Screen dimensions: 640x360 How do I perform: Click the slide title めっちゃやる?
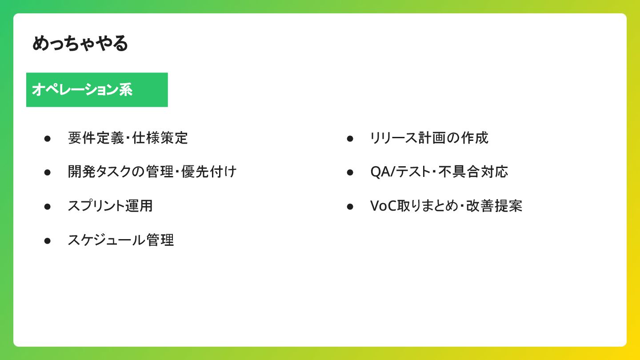pos(80,43)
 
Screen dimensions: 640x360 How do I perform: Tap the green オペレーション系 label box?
pos(97,90)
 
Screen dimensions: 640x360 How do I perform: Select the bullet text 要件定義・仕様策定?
pos(128,138)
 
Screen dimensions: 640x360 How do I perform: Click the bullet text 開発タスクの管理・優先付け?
pos(152,172)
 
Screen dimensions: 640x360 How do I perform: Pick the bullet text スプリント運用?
pos(110,206)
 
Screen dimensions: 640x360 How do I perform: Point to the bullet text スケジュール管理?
pos(120,240)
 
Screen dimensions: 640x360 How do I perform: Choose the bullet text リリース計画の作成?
pos(429,138)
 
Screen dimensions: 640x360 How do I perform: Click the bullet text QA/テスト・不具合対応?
pos(439,172)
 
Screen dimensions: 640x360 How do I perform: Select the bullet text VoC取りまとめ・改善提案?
pos(446,206)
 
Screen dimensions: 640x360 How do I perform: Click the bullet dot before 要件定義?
pos(48,139)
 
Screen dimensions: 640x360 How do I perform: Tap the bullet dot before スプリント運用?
pos(48,207)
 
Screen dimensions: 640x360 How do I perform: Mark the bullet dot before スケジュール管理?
pos(48,241)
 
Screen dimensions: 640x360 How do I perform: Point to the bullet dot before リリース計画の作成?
pos(350,139)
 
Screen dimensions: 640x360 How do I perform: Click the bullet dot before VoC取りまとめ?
pos(350,207)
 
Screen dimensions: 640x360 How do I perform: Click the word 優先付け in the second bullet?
pos(209,172)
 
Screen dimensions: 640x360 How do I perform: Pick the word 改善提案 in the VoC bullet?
pos(494,206)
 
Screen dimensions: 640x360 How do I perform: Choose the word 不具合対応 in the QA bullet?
pos(473,172)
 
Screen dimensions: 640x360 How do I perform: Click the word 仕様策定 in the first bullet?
pos(160,138)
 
